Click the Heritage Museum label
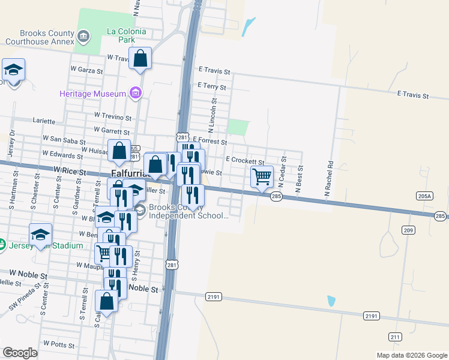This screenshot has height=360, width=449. [x=92, y=94]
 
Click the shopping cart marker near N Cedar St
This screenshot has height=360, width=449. [x=262, y=176]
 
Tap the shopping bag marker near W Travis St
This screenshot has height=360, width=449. [x=140, y=59]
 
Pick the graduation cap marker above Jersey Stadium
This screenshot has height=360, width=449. [x=41, y=234]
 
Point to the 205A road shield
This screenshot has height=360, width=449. [x=424, y=196]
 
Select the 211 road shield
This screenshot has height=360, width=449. [x=394, y=337]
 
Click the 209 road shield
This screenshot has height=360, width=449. [x=409, y=230]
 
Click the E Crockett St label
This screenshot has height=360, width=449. [x=245, y=160]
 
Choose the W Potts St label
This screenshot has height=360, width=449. [x=58, y=344]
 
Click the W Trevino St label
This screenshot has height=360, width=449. [x=112, y=116]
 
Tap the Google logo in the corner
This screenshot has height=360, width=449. [x=20, y=353]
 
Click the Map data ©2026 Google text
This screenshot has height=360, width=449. [x=412, y=355]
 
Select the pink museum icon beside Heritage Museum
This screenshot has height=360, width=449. [x=136, y=93]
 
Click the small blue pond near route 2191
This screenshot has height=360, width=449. [x=331, y=300]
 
